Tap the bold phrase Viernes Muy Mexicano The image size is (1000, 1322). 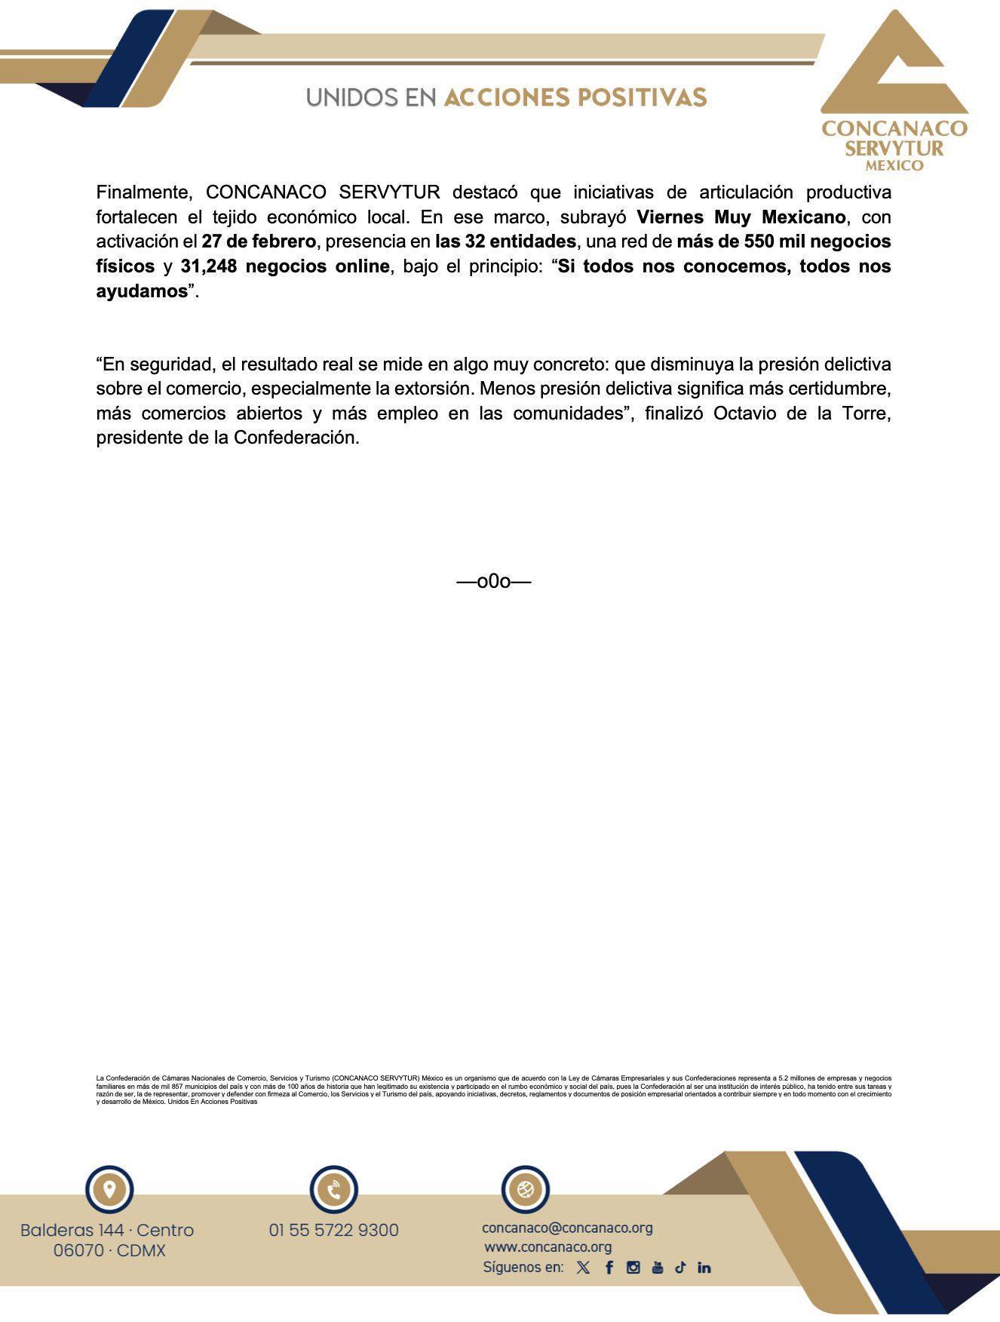[741, 217]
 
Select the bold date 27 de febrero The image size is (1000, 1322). [259, 241]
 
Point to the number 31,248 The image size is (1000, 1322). [208, 266]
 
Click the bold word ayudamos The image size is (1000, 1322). [141, 291]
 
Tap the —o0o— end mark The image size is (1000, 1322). [494, 581]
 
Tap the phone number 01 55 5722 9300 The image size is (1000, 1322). [333, 1230]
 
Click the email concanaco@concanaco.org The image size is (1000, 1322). [567, 1228]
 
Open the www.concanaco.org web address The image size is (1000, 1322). [548, 1247]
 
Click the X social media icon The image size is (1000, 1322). [583, 1268]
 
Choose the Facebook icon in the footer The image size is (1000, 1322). [609, 1268]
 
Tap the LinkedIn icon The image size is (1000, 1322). [704, 1268]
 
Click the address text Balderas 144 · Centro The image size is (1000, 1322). [107, 1230]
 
